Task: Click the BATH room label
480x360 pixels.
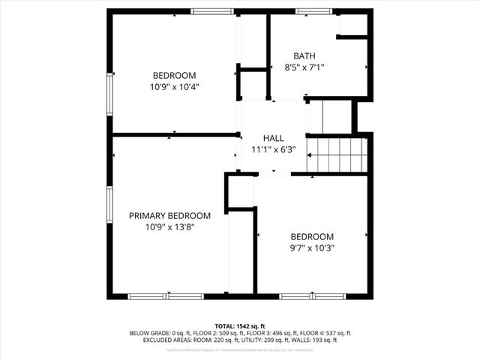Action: [304, 56]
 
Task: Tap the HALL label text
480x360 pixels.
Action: [273, 138]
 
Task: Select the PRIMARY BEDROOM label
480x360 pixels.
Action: [169, 215]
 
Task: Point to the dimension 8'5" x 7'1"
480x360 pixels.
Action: [304, 67]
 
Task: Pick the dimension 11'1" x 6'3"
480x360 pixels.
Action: [273, 149]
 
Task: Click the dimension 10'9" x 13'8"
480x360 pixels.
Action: [169, 226]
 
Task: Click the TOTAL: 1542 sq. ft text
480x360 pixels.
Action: [240, 325]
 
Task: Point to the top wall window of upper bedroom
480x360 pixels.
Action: [211, 11]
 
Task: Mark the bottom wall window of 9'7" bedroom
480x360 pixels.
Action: [312, 296]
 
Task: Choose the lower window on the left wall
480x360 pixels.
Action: [110, 206]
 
